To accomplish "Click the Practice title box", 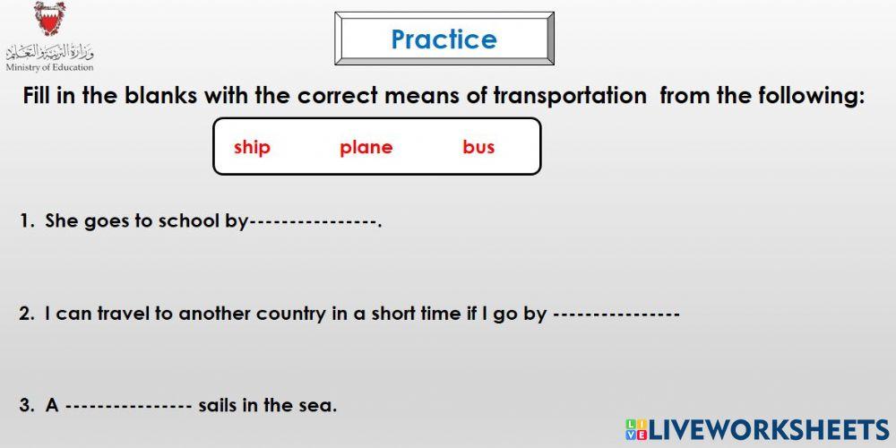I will [444, 39].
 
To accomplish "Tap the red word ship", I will [252, 147].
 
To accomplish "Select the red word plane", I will [366, 147].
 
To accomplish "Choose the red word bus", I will [478, 147].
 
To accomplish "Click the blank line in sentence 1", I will [313, 221].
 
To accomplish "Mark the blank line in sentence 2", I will [617, 314].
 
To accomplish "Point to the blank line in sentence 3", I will [129, 406].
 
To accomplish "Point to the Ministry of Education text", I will [49, 67].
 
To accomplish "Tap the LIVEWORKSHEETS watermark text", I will [768, 429].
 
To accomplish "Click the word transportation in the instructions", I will [569, 96].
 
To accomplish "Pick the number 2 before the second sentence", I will [24, 314].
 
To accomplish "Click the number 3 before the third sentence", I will [24, 406].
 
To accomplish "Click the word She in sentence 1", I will [62, 220].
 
